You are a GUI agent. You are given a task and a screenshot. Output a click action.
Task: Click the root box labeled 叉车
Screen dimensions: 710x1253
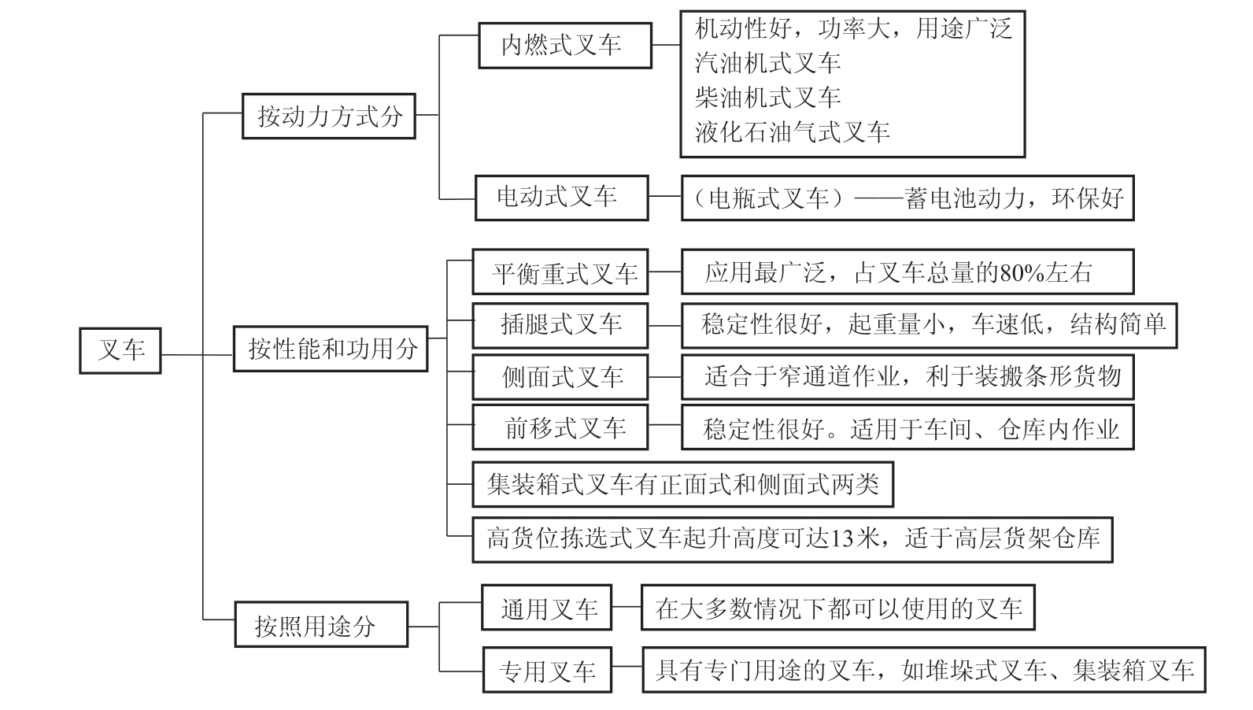pyautogui.click(x=120, y=350)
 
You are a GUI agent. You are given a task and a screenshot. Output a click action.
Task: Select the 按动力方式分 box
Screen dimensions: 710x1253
pyautogui.click(x=329, y=116)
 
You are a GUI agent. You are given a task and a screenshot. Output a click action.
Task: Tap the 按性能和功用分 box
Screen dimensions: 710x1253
pyautogui.click(x=331, y=349)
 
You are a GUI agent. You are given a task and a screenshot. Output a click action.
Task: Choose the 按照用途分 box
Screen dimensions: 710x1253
pyautogui.click(x=321, y=625)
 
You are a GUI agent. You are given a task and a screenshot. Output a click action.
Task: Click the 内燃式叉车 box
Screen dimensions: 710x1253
pyautogui.click(x=564, y=45)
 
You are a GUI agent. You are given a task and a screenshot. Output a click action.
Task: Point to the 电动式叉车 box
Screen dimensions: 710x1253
pyautogui.click(x=561, y=198)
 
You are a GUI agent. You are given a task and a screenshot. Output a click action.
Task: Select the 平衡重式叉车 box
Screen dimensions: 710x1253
pyautogui.click(x=560, y=272)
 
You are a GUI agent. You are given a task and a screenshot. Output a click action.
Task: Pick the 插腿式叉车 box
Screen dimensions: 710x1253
pyautogui.click(x=560, y=325)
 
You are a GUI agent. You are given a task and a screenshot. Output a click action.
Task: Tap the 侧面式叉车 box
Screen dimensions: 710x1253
pyautogui.click(x=560, y=378)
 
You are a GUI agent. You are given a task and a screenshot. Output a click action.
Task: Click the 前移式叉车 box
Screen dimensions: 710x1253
pyautogui.click(x=560, y=428)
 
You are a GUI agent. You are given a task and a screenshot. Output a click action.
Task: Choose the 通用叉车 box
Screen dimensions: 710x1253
pyautogui.click(x=547, y=608)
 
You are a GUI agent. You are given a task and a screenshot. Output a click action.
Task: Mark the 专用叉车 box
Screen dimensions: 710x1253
pyautogui.click(x=547, y=671)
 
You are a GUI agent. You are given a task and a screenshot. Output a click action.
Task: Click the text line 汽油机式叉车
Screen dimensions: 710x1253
pyautogui.click(x=768, y=63)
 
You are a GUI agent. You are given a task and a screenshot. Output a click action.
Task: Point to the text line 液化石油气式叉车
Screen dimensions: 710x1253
pyautogui.click(x=792, y=131)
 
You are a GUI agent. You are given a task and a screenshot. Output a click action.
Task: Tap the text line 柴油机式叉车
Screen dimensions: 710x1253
pyautogui.click(x=768, y=98)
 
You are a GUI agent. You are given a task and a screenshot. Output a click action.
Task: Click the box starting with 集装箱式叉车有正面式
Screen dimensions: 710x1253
pyautogui.click(x=682, y=484)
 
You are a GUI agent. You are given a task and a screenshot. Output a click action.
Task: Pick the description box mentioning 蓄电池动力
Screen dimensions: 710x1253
pyautogui.click(x=907, y=198)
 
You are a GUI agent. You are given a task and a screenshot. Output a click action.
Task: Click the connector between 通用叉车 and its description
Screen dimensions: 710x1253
pyautogui.click(x=626, y=608)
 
